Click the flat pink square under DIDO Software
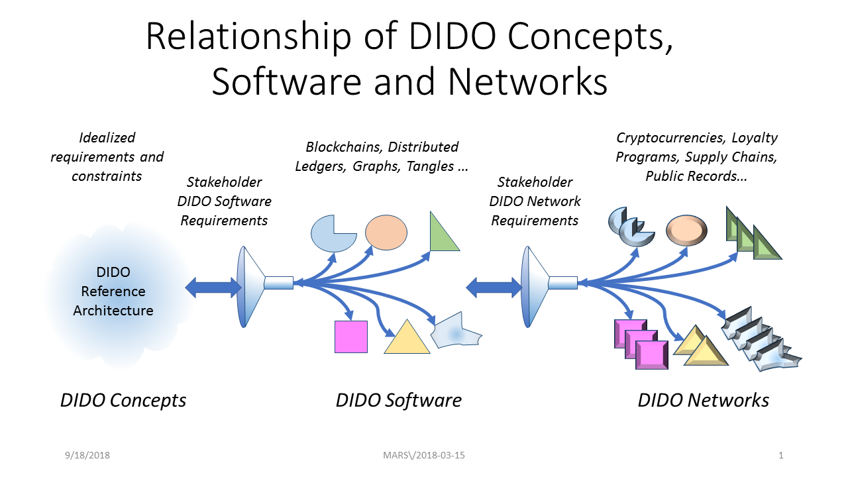pyautogui.click(x=351, y=337)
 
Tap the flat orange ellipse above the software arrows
pyautogui.click(x=386, y=233)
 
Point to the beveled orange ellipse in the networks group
pyautogui.click(x=686, y=230)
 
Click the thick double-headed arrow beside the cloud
pyautogui.click(x=213, y=288)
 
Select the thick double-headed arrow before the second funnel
pyautogui.click(x=494, y=288)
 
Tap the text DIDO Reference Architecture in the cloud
pyautogui.click(x=113, y=291)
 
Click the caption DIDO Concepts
pyautogui.click(x=123, y=400)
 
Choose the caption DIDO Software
pyautogui.click(x=399, y=400)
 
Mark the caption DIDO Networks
pyautogui.click(x=704, y=400)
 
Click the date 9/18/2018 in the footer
pyautogui.click(x=87, y=455)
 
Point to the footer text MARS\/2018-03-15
pyautogui.click(x=423, y=455)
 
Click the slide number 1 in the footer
pyautogui.click(x=780, y=455)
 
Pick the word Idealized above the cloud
pyautogui.click(x=107, y=137)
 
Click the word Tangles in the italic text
pyautogui.click(x=430, y=166)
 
